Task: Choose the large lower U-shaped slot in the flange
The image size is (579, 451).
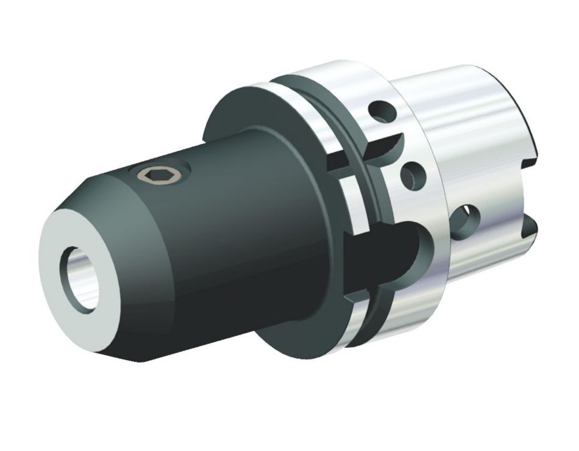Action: pyautogui.click(x=390, y=250)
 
